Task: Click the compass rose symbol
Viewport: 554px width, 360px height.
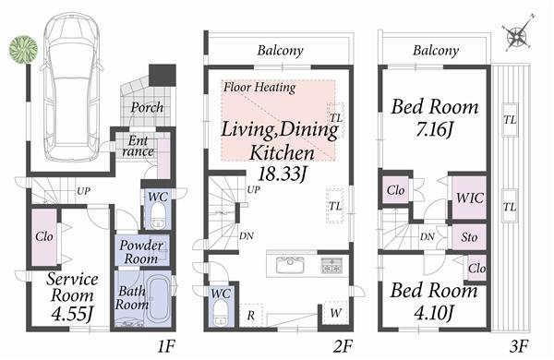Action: click(x=517, y=37)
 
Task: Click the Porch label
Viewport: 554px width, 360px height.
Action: click(x=146, y=108)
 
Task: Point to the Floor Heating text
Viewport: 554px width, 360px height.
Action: click(x=259, y=89)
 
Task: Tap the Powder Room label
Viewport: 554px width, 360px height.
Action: click(x=141, y=252)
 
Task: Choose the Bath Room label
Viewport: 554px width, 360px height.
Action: click(x=132, y=297)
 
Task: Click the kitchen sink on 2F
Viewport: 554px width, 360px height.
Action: click(x=290, y=266)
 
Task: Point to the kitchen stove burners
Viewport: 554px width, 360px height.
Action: click(x=331, y=266)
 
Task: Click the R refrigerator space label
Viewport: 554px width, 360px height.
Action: click(x=250, y=314)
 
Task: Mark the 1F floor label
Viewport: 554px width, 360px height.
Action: click(x=166, y=348)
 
